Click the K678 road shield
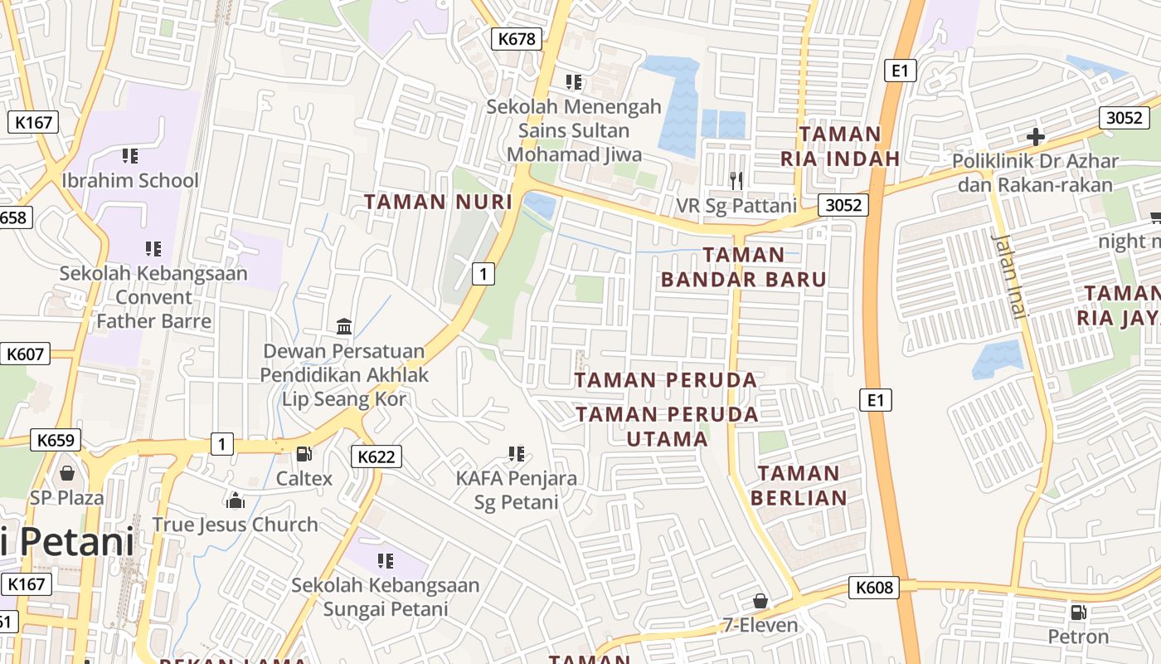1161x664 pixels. click(x=517, y=38)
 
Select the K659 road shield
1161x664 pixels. click(x=56, y=440)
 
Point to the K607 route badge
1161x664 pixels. click(x=25, y=354)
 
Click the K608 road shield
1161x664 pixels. click(x=874, y=588)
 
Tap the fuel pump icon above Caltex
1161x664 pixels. click(x=304, y=454)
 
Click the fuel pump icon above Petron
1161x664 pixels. click(x=1078, y=613)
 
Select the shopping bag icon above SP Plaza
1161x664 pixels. click(x=67, y=473)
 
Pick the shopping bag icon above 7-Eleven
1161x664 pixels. click(x=760, y=600)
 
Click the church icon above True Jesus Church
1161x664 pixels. click(x=236, y=500)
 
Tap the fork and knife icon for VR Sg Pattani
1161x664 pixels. click(x=736, y=179)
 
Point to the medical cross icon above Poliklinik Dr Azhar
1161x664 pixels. click(x=1035, y=137)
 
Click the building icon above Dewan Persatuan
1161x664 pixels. click(x=344, y=326)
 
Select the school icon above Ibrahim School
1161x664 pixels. click(x=129, y=155)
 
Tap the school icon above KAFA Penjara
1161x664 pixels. click(x=516, y=453)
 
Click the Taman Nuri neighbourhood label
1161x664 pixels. click(x=438, y=202)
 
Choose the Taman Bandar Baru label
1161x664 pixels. click(x=744, y=266)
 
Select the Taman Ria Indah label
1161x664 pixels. click(x=840, y=145)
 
